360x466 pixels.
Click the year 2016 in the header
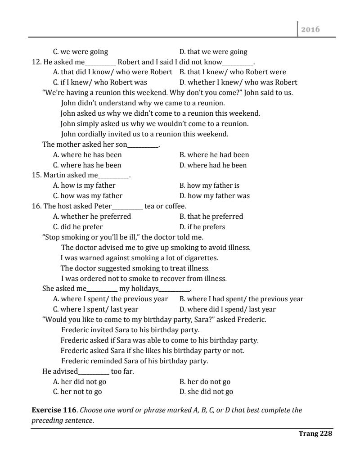click(311, 29)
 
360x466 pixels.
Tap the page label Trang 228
click(315, 434)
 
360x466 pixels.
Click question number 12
click(36, 62)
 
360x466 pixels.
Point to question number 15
click(36, 175)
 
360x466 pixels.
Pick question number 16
click(36, 206)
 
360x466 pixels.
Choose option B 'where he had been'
click(214, 155)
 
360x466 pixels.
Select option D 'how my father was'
click(214, 196)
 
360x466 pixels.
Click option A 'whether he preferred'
click(92, 217)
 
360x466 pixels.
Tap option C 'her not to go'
click(77, 392)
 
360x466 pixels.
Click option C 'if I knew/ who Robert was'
click(100, 82)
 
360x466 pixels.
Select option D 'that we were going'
click(213, 52)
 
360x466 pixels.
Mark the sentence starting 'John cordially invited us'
click(144, 134)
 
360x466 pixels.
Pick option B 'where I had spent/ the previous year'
click(241, 299)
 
